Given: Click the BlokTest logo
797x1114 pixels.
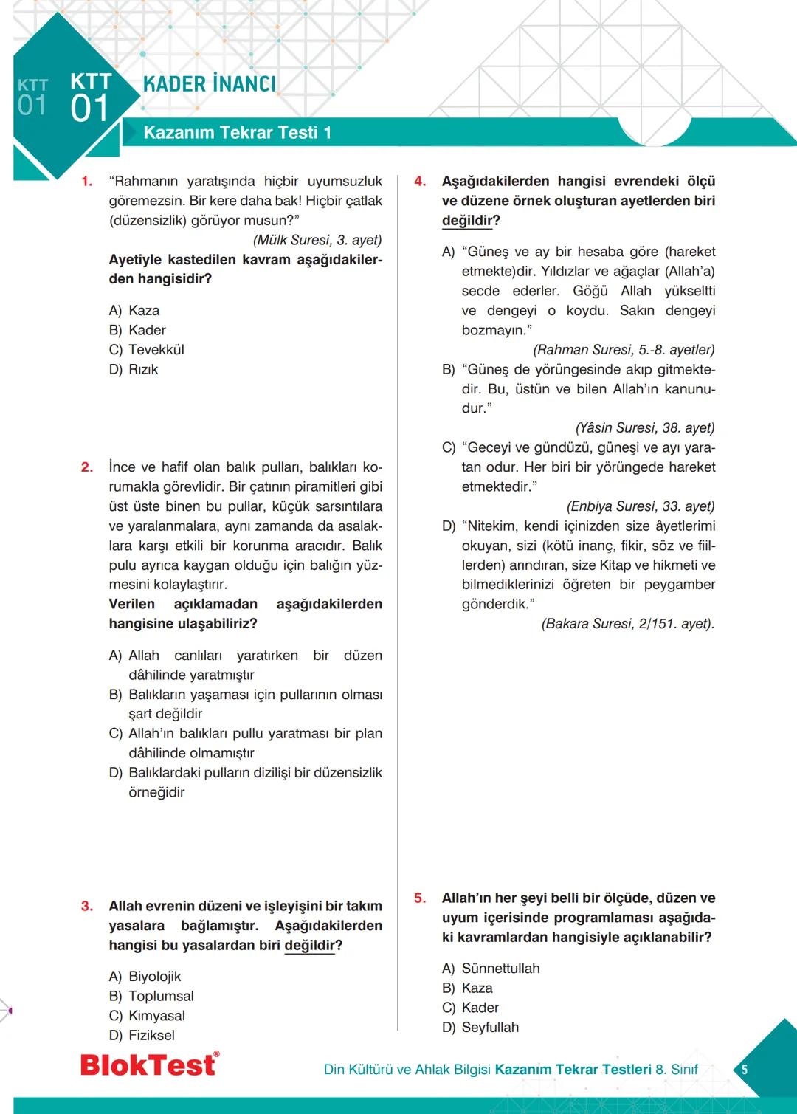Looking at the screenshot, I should coord(149,1065).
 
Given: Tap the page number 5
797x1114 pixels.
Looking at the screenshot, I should coord(744,1069).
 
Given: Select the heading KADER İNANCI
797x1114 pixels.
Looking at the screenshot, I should coord(210,84).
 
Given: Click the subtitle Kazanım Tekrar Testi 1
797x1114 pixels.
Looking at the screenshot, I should coord(237,133).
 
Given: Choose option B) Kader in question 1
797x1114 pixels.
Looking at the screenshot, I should coord(138,330).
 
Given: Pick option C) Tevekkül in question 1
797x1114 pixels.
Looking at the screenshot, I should coord(147,350).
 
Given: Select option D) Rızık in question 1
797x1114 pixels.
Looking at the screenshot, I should coord(134,369).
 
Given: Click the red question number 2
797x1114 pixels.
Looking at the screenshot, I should coord(87,467).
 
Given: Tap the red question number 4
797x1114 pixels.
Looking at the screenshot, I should coord(420,182).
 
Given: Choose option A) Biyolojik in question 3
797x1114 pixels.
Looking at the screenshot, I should coord(145,977).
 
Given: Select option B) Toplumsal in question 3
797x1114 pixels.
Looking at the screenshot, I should coord(151,996).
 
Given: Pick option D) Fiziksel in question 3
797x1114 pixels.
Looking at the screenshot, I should coord(142,1035).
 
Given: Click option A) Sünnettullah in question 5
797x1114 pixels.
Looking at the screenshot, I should coord(491,969).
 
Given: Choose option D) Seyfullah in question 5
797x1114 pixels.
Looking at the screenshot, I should coord(480,1027).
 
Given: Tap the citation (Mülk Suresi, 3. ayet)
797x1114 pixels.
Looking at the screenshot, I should coord(317,240).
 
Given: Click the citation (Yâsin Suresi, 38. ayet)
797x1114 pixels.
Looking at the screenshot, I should coord(645,428).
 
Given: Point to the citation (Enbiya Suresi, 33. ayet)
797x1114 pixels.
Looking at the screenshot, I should coord(641,506).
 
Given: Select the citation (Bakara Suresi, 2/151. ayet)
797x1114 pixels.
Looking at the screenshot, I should coord(628,624).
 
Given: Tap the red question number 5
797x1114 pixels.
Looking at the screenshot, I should coord(420,898).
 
